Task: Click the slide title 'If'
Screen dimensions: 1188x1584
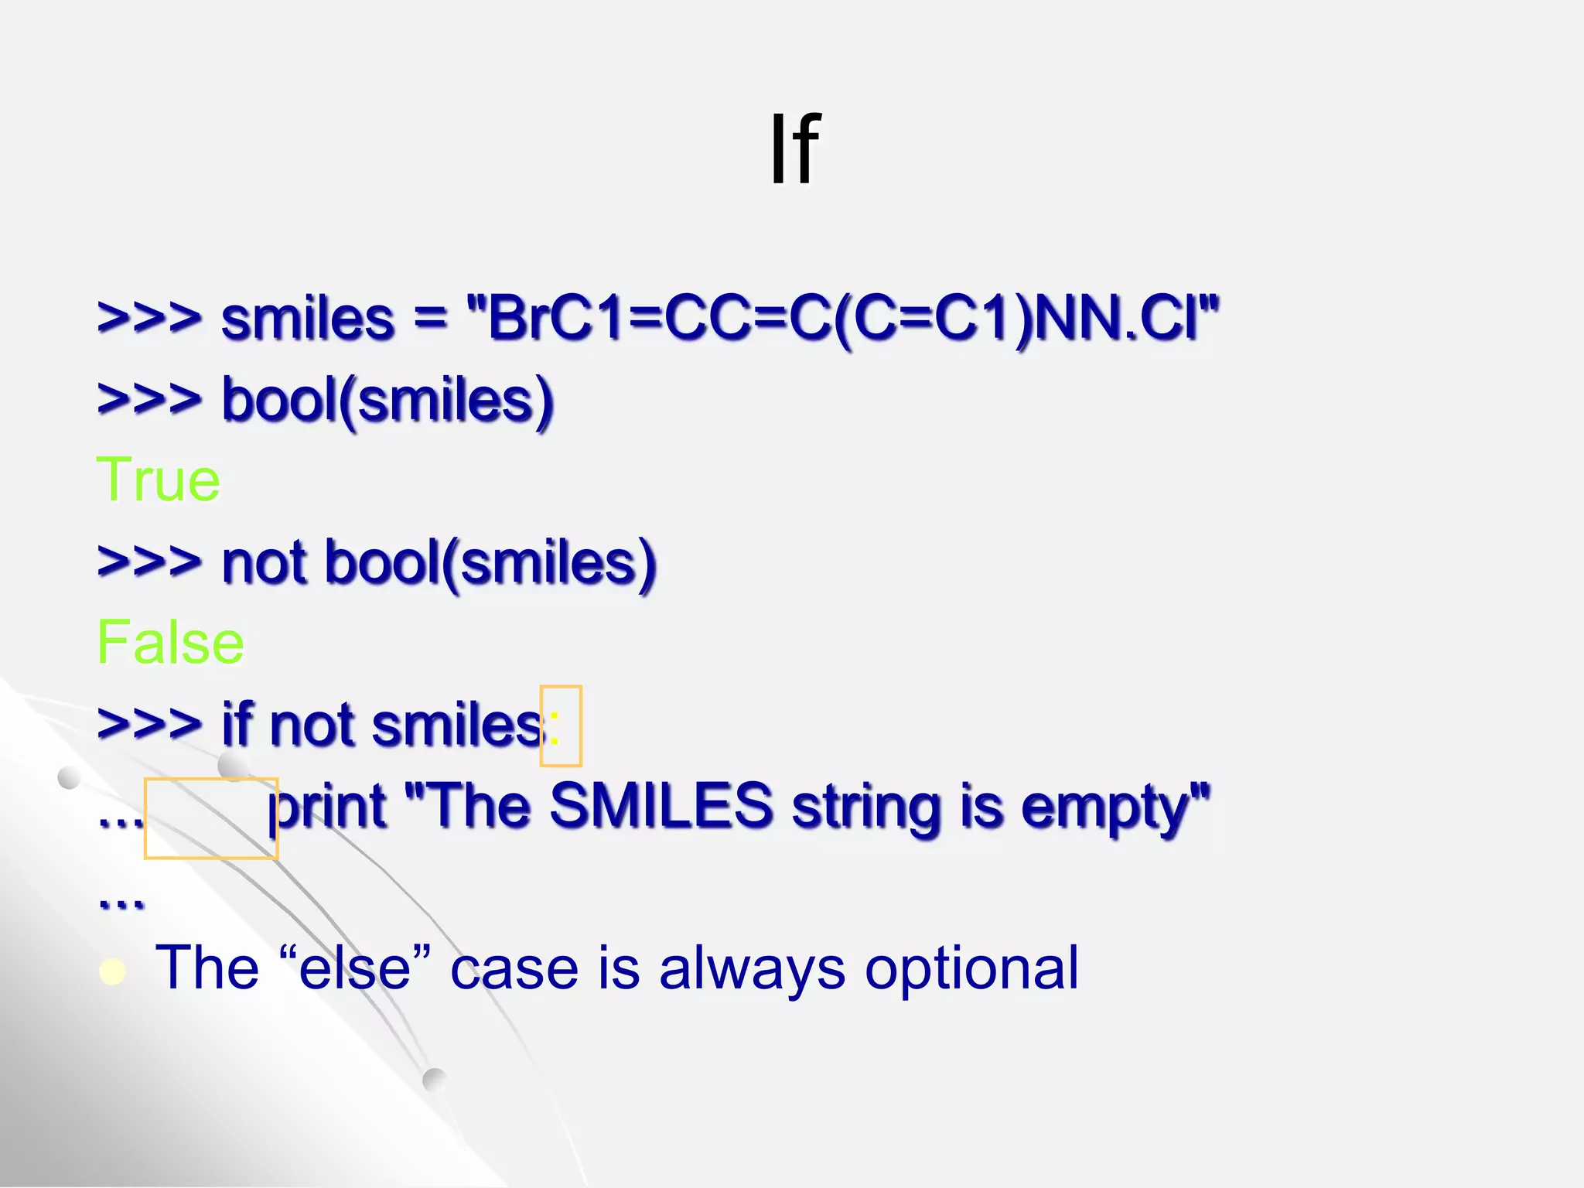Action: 794,148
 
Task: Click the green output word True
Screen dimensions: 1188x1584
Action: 159,480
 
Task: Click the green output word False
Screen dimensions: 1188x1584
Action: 170,642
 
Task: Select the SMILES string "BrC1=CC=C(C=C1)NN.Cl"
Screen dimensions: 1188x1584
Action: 843,319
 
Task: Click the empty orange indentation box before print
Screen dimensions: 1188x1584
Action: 210,818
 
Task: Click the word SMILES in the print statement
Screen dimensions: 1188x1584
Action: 661,806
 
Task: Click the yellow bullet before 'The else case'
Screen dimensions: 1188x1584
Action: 113,971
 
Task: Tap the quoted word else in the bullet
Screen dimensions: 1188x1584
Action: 354,968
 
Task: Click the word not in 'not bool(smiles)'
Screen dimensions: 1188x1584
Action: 264,562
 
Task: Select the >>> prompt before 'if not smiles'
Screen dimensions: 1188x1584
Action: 149,725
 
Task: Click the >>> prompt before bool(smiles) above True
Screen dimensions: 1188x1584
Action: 149,400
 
